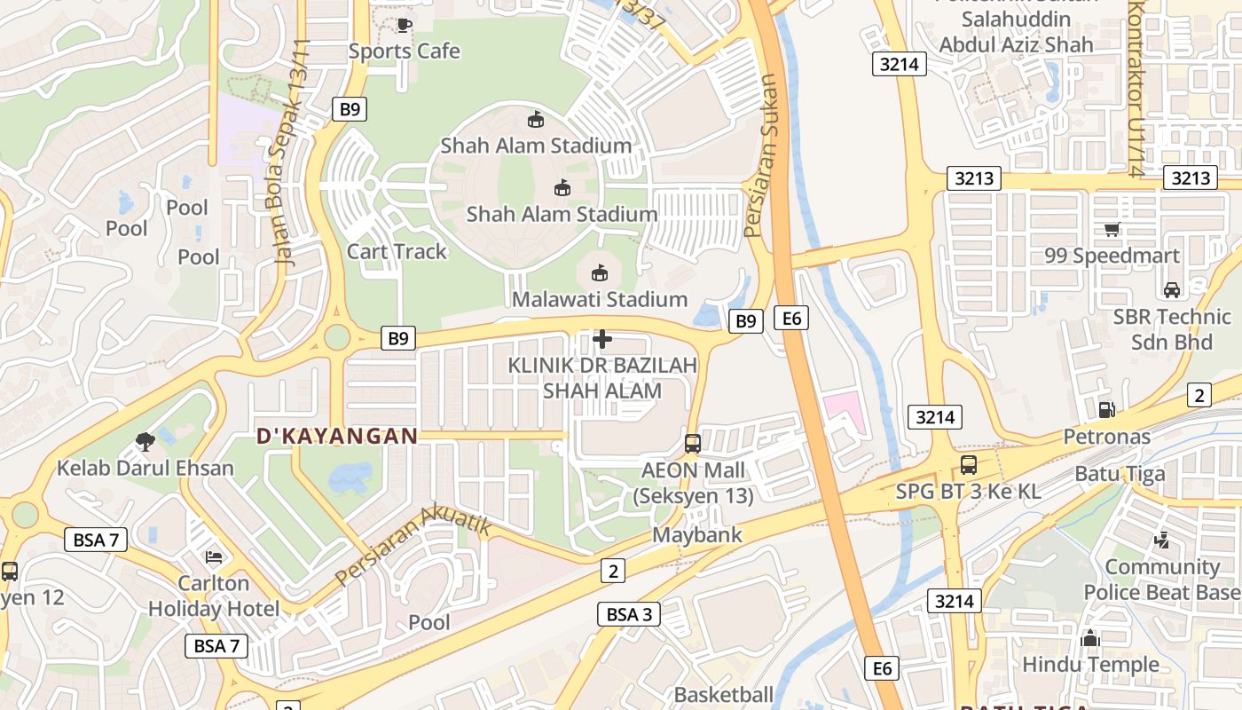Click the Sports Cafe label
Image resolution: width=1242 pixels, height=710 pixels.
pos(404,51)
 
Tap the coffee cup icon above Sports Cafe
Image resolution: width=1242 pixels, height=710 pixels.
pos(404,25)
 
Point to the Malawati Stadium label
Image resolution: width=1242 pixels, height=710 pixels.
pos(600,299)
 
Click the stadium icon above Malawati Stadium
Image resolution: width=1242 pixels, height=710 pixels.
pos(600,272)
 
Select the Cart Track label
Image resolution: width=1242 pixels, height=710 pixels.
pos(397,251)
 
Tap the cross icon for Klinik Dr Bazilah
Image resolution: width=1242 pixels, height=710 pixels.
pos(602,339)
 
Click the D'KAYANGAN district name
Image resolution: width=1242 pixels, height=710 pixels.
pos(337,436)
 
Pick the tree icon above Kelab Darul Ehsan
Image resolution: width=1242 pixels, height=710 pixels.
pos(145,441)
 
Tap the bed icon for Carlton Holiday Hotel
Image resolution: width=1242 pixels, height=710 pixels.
pos(214,556)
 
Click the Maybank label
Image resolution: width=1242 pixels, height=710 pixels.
pos(697,535)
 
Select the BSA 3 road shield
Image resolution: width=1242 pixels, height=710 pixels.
pos(629,614)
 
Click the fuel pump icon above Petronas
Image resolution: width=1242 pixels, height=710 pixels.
pos(1106,409)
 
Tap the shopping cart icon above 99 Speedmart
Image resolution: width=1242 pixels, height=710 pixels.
pos(1112,230)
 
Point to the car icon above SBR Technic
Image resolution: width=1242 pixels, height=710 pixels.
pos(1172,289)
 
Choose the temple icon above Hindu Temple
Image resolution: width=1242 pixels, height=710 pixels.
pos(1090,638)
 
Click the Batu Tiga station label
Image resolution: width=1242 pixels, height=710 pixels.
pos(1120,474)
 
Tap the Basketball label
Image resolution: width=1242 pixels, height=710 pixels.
pos(724,695)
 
